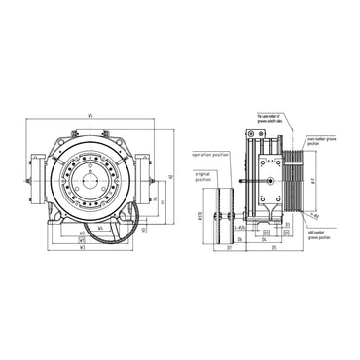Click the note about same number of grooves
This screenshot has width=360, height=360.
(x=276, y=118)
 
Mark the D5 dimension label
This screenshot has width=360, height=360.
(x=274, y=247)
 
